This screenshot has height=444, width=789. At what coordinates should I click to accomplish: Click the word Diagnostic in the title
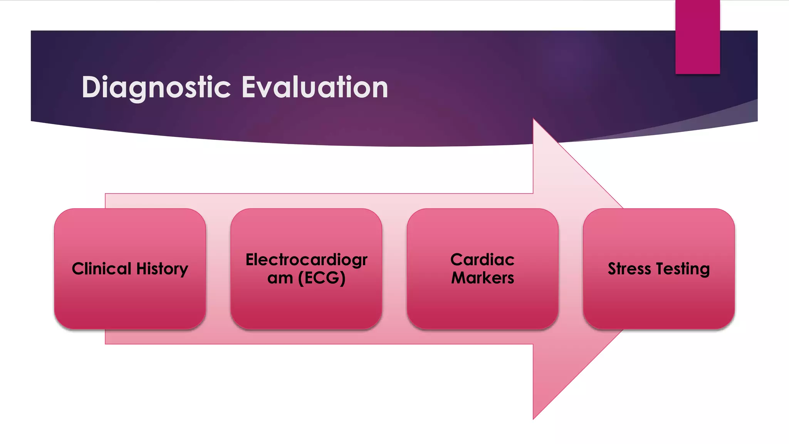[x=156, y=87]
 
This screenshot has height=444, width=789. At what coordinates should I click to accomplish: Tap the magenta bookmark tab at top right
[x=697, y=37]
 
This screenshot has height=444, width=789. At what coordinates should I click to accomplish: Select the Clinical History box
[x=130, y=301]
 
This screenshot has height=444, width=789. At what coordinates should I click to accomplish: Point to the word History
[x=162, y=269]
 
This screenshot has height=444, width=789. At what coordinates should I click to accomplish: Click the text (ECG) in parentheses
[x=322, y=278]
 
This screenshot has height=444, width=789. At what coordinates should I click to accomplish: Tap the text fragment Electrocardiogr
[x=306, y=260]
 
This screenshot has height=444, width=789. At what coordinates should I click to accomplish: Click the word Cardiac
[x=482, y=260]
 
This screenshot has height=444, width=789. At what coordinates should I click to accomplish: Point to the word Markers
[x=482, y=278]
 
